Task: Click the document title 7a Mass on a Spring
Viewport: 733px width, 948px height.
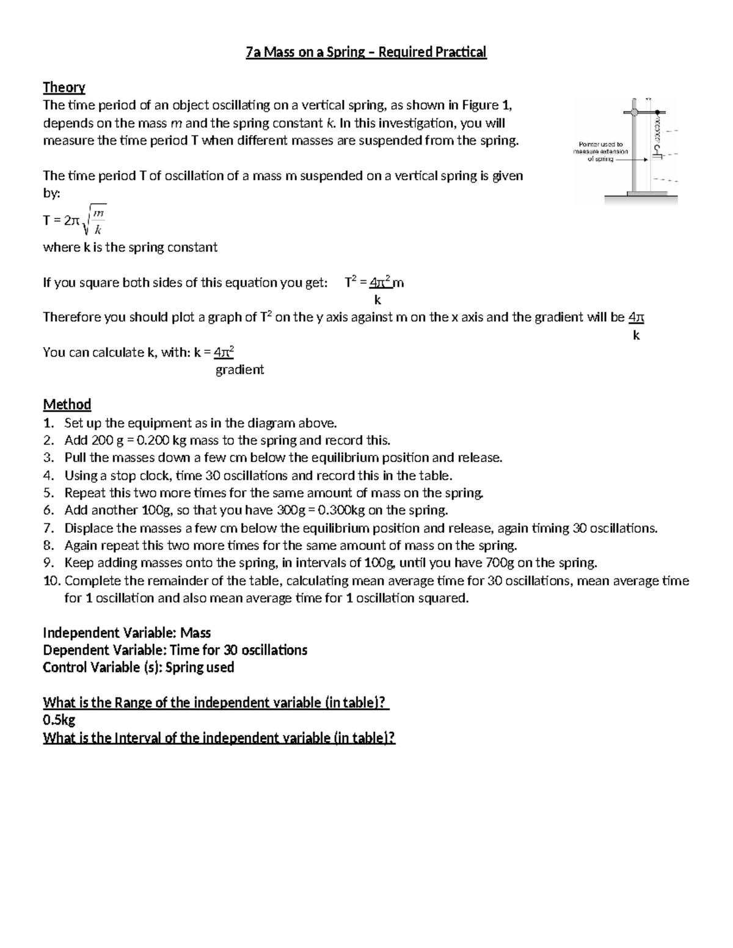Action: click(x=366, y=52)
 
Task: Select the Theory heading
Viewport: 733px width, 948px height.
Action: click(x=64, y=87)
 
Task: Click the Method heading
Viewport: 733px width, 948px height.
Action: click(x=67, y=404)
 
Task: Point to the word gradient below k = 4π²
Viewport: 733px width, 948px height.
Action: click(x=239, y=370)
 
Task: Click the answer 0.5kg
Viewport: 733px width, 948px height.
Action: click(x=59, y=720)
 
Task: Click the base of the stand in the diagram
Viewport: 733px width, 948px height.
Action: click(x=640, y=198)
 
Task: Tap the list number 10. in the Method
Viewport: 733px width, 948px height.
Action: click(x=51, y=581)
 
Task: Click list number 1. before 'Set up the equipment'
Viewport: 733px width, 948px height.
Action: click(x=48, y=423)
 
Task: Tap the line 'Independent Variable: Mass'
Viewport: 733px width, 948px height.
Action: click(x=126, y=633)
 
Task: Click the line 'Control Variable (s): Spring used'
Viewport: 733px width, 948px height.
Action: click(x=138, y=667)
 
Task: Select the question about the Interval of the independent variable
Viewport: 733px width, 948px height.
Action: click(x=219, y=738)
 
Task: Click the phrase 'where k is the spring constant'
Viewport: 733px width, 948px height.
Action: click(x=129, y=247)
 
